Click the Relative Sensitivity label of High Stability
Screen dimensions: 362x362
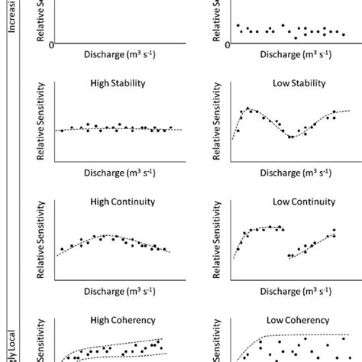pos(43,125)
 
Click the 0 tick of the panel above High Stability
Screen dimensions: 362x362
pos(51,44)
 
